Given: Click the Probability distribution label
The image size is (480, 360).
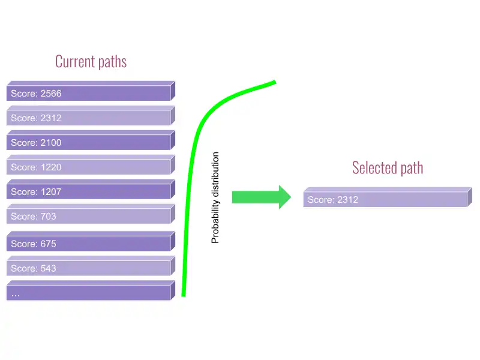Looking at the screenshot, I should click(x=215, y=197).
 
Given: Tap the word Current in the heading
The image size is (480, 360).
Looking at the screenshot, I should click(x=74, y=61).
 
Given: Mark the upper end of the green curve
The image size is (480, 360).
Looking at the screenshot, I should click(x=274, y=82).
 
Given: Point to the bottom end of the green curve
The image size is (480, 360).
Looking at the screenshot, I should click(x=183, y=295).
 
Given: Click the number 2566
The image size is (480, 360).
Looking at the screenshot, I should click(x=50, y=94).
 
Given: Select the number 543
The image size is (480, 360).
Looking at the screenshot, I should click(x=48, y=268).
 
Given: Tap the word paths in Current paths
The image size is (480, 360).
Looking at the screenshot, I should click(x=111, y=62).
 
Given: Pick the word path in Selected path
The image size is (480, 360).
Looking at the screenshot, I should click(x=412, y=167).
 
